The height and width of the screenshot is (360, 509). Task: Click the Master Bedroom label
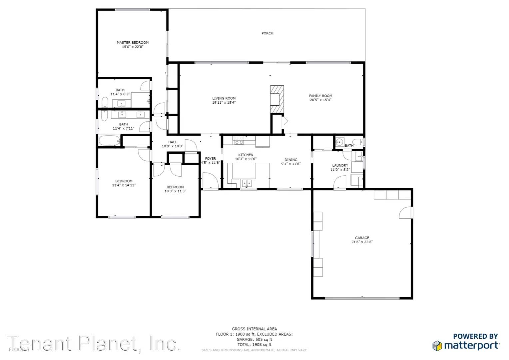click(x=133, y=43)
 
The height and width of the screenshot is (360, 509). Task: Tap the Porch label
click(x=267, y=33)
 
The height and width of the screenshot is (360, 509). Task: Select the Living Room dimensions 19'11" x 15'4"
click(x=224, y=103)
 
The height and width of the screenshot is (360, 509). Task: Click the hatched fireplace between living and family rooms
click(x=277, y=100)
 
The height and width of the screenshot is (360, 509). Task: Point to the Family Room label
click(x=320, y=96)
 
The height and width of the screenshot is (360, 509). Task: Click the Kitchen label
click(x=246, y=155)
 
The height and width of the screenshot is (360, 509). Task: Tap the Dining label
click(x=291, y=160)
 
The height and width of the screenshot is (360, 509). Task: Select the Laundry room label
click(x=340, y=166)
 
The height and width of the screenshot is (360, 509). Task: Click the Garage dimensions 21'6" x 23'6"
click(x=362, y=242)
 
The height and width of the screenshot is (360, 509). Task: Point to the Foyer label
click(x=210, y=159)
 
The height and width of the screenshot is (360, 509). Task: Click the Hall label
click(x=173, y=142)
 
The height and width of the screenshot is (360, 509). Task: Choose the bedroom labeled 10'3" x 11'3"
click(x=175, y=189)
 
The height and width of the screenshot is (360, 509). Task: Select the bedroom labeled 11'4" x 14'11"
click(x=124, y=183)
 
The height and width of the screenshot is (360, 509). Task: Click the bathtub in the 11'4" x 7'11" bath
click(x=109, y=141)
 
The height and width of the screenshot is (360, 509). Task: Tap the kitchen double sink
click(x=247, y=183)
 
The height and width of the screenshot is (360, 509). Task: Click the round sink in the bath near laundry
click(x=339, y=143)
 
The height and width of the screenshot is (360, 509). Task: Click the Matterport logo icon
click(x=438, y=346)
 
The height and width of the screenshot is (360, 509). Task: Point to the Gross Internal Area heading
click(x=254, y=329)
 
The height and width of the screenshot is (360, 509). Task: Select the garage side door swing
click(x=406, y=213)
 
